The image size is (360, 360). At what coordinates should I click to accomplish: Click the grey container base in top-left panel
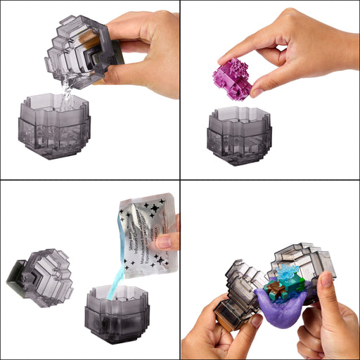pos(53,131)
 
